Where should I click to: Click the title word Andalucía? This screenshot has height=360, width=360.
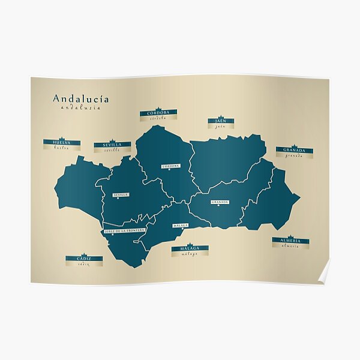pyautogui.click(x=80, y=99)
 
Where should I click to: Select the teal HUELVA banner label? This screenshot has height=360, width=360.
pyautogui.click(x=62, y=142)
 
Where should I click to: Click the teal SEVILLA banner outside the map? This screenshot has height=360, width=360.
pyautogui.click(x=112, y=145)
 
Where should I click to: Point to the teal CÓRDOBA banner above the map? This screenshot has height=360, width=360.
pyautogui.click(x=158, y=112)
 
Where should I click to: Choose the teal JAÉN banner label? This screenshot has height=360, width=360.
pyautogui.click(x=220, y=121)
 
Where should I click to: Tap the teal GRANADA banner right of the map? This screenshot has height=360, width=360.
pyautogui.click(x=294, y=150)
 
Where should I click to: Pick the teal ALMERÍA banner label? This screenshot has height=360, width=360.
pyautogui.click(x=290, y=241)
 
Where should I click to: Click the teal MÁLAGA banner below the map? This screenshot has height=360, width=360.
pyautogui.click(x=190, y=248)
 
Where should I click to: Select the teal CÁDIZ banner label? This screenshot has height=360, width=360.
pyautogui.click(x=83, y=259)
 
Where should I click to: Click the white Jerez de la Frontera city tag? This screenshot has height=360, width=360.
pyautogui.click(x=124, y=230)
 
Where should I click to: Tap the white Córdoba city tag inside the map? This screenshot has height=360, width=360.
pyautogui.click(x=170, y=166)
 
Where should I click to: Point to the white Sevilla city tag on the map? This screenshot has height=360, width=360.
pyautogui.click(x=121, y=195)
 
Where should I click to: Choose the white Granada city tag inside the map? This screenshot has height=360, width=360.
pyautogui.click(x=220, y=202)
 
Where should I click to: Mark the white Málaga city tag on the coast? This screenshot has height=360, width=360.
pyautogui.click(x=180, y=226)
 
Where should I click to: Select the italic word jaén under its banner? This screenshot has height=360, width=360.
pyautogui.click(x=220, y=127)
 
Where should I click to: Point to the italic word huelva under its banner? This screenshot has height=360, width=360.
pyautogui.click(x=62, y=148)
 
